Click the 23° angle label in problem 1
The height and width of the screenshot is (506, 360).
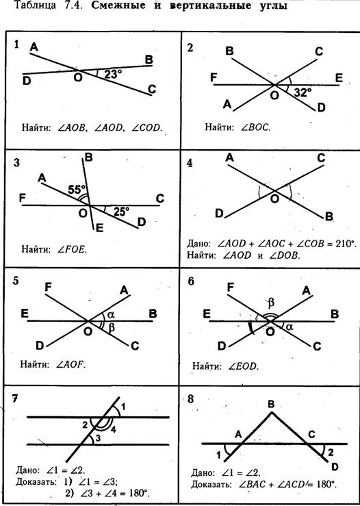point(113,75)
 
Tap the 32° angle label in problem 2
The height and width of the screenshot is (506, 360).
point(303,93)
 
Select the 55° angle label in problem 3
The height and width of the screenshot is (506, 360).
point(77,190)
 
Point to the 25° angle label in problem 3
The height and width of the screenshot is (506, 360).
point(121,212)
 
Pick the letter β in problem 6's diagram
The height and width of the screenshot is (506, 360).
point(271,303)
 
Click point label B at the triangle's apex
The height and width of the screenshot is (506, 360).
point(272,404)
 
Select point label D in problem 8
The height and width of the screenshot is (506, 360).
point(335,467)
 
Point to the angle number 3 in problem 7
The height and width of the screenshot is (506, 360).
point(99,438)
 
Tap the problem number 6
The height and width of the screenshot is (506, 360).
point(191,281)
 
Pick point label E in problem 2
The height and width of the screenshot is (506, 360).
point(339,78)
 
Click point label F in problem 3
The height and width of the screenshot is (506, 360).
point(23,198)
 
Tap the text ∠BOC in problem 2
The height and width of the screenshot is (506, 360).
point(255,127)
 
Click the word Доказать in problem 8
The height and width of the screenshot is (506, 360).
point(211,484)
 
